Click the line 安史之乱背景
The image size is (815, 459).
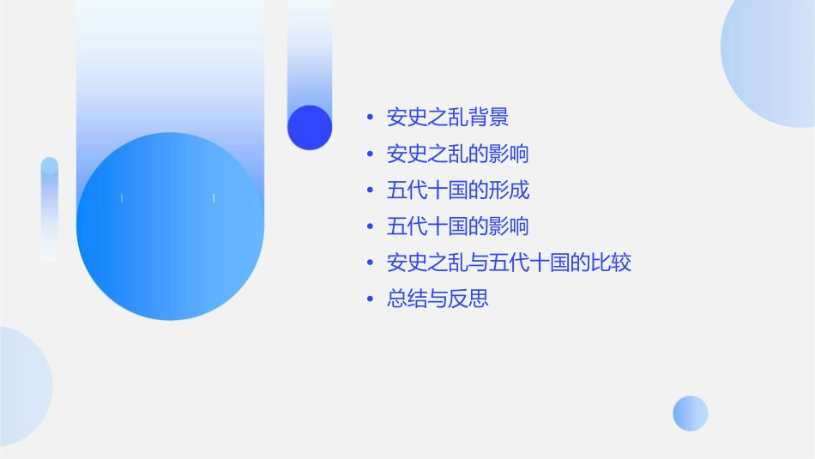448,118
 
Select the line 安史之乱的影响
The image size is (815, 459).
457,154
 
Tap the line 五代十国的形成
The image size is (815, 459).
457,190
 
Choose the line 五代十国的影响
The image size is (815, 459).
457,226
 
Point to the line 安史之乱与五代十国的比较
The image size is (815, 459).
509,263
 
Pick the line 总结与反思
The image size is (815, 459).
438,299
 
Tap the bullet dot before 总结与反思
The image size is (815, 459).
370,300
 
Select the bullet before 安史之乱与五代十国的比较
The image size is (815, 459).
370,263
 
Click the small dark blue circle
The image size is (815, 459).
310,127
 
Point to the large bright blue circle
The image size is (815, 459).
170,226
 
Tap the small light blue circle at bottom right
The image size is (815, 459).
691,414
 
